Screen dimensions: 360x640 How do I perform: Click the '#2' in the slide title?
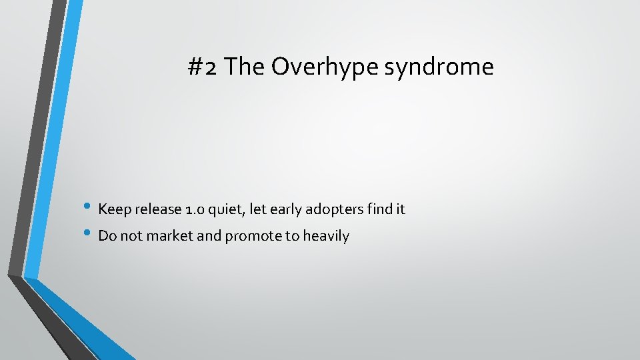coord(203,67)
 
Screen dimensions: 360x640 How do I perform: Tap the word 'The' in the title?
coord(245,67)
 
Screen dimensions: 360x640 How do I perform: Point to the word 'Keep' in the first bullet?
coord(115,209)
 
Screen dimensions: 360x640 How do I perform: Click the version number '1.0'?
coord(195,209)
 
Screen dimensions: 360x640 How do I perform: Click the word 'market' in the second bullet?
coord(177,236)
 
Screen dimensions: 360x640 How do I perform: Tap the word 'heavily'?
coord(326,236)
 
